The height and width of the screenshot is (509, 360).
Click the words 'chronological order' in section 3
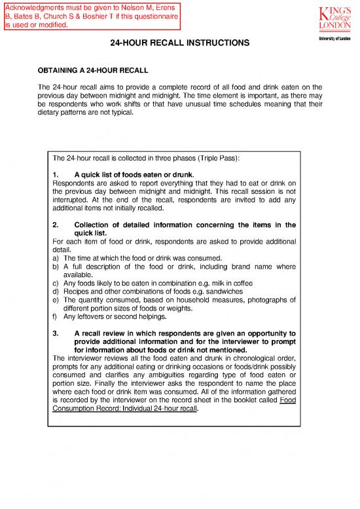[259, 357]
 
